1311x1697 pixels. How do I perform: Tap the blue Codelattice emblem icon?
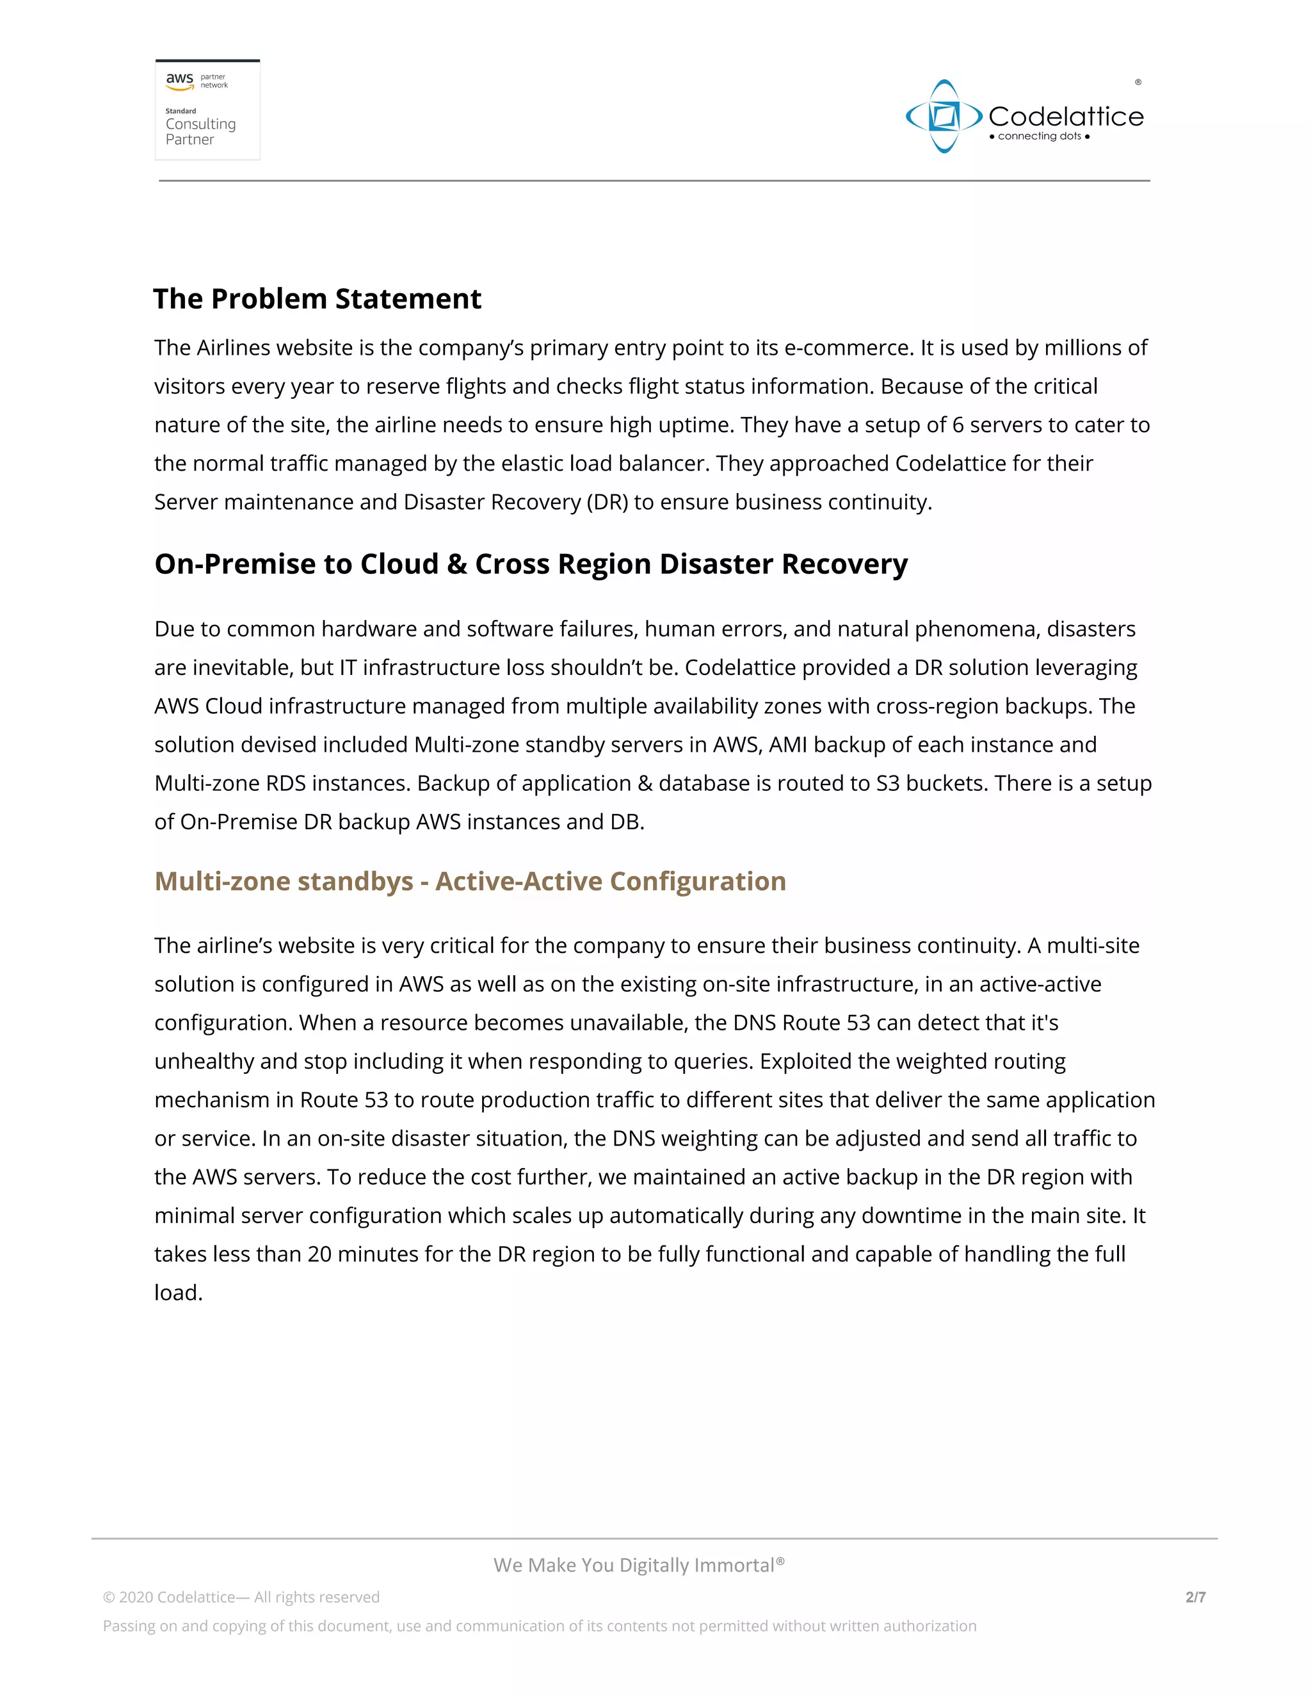tap(944, 117)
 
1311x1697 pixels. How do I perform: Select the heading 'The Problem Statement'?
tap(317, 299)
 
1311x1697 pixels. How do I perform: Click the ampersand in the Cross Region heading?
tap(456, 564)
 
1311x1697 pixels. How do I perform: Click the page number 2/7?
tap(1194, 1596)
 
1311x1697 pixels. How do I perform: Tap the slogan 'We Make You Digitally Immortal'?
tap(638, 1565)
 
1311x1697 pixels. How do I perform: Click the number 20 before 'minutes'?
tap(320, 1254)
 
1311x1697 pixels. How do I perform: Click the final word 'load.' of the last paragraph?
tap(178, 1293)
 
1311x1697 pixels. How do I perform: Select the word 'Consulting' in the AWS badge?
tap(200, 124)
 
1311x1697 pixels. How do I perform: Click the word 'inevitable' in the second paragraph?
tap(247, 667)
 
